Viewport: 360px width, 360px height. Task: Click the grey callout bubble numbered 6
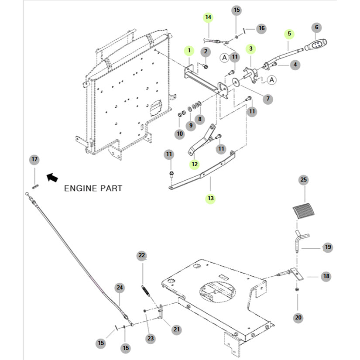(x=317, y=27)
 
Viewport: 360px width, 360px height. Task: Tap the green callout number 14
(x=208, y=17)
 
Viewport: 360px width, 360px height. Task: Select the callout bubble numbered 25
(x=304, y=179)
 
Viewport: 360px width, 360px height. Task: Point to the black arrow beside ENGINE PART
(x=52, y=177)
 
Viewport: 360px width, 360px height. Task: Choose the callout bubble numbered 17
(x=34, y=160)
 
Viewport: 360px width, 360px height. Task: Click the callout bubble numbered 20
(x=298, y=318)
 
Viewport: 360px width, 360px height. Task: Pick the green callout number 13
(x=211, y=198)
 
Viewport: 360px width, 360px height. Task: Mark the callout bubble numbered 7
(x=268, y=99)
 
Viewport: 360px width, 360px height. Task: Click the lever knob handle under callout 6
(x=316, y=45)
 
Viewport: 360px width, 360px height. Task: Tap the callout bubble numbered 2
(x=206, y=51)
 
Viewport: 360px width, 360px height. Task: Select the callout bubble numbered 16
(x=261, y=28)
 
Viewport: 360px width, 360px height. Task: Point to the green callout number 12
(x=194, y=165)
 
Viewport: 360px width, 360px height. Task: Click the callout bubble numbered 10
(x=180, y=134)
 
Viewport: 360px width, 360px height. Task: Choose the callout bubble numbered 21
(x=176, y=329)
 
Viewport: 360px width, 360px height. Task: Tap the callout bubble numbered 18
(x=326, y=276)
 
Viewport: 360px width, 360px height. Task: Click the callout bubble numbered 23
(x=150, y=338)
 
